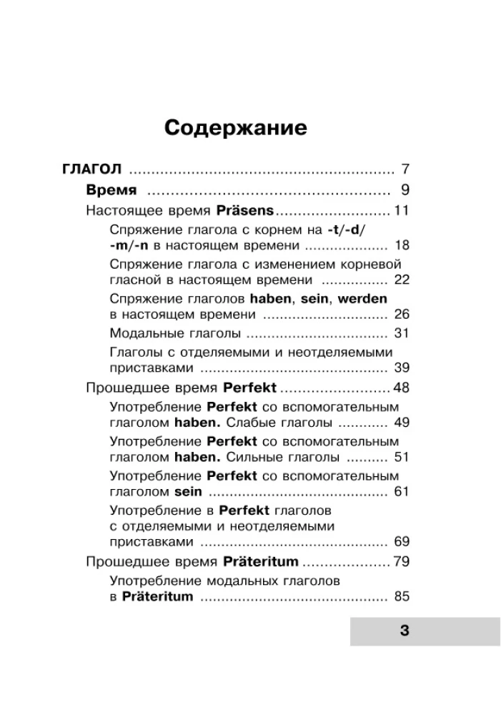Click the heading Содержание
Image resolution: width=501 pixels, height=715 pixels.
tap(236, 128)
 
